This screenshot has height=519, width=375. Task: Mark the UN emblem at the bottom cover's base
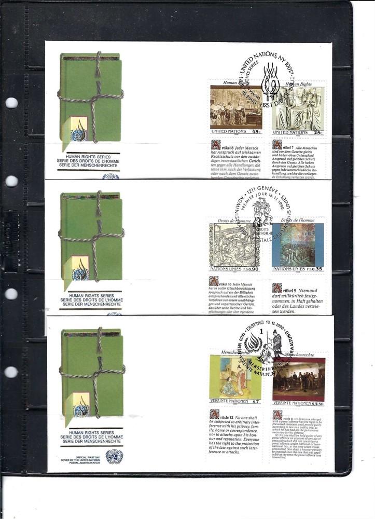pyautogui.click(x=111, y=456)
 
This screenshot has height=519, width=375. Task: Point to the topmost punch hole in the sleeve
pyautogui.click(x=11, y=103)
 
